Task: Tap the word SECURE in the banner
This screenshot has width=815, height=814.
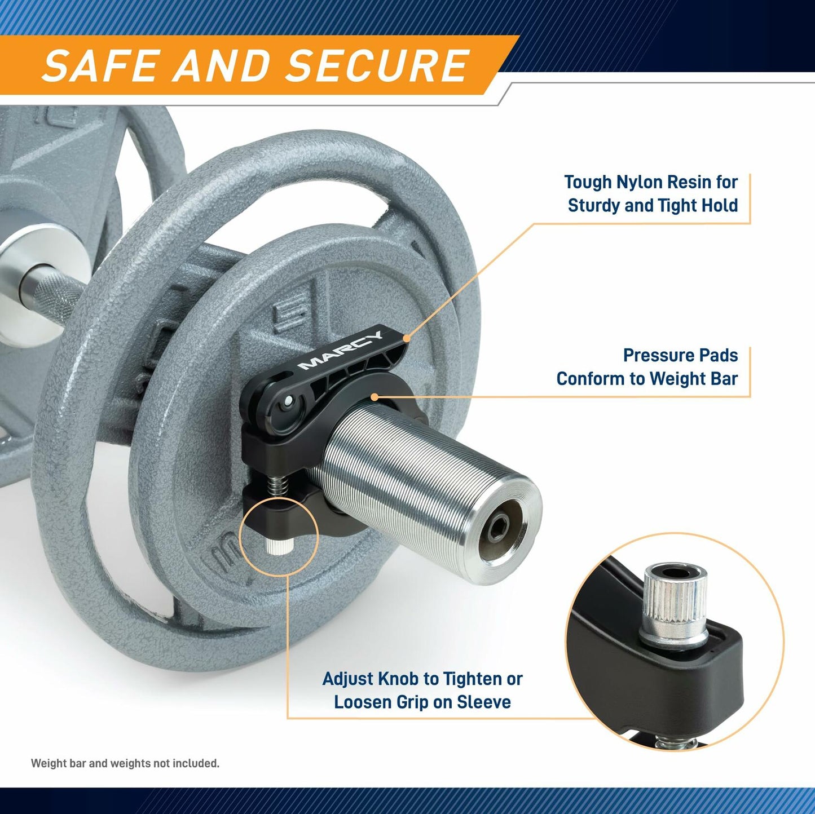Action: [378, 65]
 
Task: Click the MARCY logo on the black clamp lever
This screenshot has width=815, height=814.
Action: [340, 351]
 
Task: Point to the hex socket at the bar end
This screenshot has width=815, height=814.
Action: [500, 529]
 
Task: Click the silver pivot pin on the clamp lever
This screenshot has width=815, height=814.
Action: [288, 400]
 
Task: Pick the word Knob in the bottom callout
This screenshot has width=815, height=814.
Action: [400, 679]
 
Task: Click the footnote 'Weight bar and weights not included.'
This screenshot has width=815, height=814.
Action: [125, 763]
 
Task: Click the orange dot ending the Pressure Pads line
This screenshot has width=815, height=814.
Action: [375, 397]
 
